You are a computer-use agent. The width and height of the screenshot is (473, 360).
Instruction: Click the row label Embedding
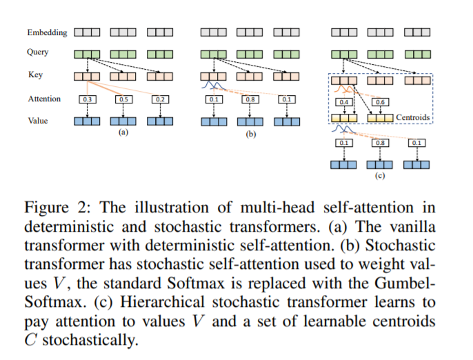pyautogui.click(x=47, y=32)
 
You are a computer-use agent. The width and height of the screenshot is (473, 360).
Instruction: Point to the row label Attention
pyautogui.click(x=44, y=99)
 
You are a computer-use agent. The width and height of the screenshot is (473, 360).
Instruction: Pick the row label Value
pyautogui.click(x=37, y=120)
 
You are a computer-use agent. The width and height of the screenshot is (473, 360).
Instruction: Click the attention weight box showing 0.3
pyautogui.click(x=87, y=99)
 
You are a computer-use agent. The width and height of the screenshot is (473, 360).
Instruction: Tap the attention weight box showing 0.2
pyautogui.click(x=160, y=99)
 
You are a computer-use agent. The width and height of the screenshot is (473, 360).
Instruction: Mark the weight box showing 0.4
pyautogui.click(x=344, y=102)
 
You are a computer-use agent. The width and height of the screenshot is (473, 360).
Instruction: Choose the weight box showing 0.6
pyautogui.click(x=380, y=102)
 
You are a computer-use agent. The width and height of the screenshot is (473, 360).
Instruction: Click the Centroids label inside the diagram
pyautogui.click(x=412, y=118)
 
